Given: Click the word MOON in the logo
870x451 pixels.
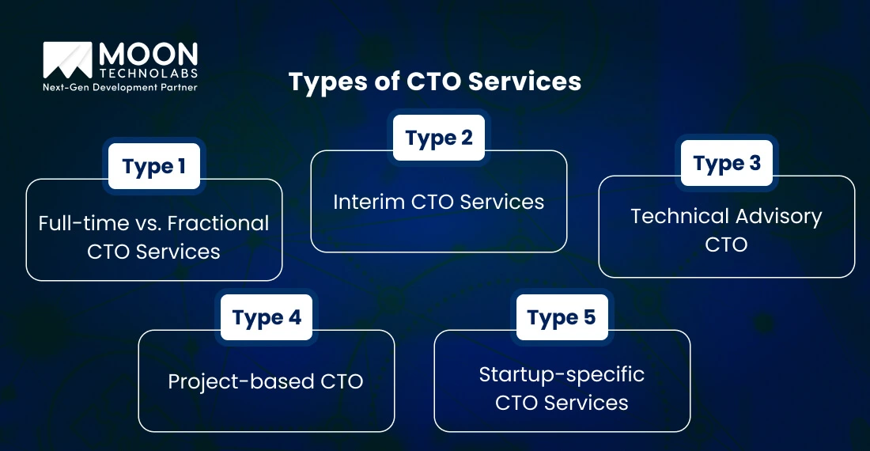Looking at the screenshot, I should pyautogui.click(x=147, y=55).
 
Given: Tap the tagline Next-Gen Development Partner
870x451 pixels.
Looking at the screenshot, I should pyautogui.click(x=119, y=87).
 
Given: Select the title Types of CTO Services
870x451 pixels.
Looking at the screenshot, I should pyautogui.click(x=434, y=81).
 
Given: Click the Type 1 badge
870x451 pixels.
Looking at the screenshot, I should pyautogui.click(x=154, y=166).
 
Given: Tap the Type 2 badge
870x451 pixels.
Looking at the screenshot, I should pyautogui.click(x=439, y=138).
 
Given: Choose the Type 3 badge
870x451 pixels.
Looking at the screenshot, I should pyautogui.click(x=727, y=163).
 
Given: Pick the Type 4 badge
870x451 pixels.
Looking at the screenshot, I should pyautogui.click(x=267, y=317).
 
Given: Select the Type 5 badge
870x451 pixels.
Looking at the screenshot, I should pyautogui.click(x=562, y=317).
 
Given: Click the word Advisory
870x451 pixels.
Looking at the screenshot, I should pyautogui.click(x=777, y=216).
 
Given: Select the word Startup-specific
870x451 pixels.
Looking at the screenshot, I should pyautogui.click(x=562, y=373).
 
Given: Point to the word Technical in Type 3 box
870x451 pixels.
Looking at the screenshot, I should pyautogui.click(x=679, y=216).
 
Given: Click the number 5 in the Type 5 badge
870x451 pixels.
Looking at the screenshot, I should pyautogui.click(x=588, y=317).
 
